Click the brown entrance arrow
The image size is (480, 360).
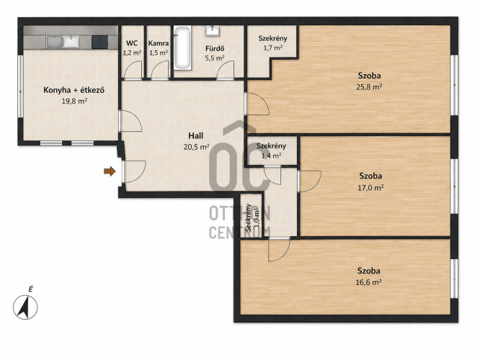coord(110,171)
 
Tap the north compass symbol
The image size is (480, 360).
coord(25,307)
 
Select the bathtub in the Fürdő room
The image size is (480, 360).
coord(183,48)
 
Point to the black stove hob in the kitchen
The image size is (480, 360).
coord(99,42)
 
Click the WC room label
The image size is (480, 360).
coord(132,43)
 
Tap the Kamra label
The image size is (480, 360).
coord(159,43)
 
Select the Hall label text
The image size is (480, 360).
coord(195,135)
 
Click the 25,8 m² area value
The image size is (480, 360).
coord(369,87)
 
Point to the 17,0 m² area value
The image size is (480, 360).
coord(370,188)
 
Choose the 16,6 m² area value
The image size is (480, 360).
coord(368,282)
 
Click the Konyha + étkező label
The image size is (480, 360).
coord(74,90)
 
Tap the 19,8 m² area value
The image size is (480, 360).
coord(75,101)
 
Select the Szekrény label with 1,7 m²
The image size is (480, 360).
coord(272,39)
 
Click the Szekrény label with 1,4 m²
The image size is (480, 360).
coord(271,146)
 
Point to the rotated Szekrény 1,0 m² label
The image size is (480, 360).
coord(252,217)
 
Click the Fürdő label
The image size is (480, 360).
coord(215,48)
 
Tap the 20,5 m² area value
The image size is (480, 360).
coord(196,147)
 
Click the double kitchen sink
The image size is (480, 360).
coord(63,42)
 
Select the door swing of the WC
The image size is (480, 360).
coord(133,69)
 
